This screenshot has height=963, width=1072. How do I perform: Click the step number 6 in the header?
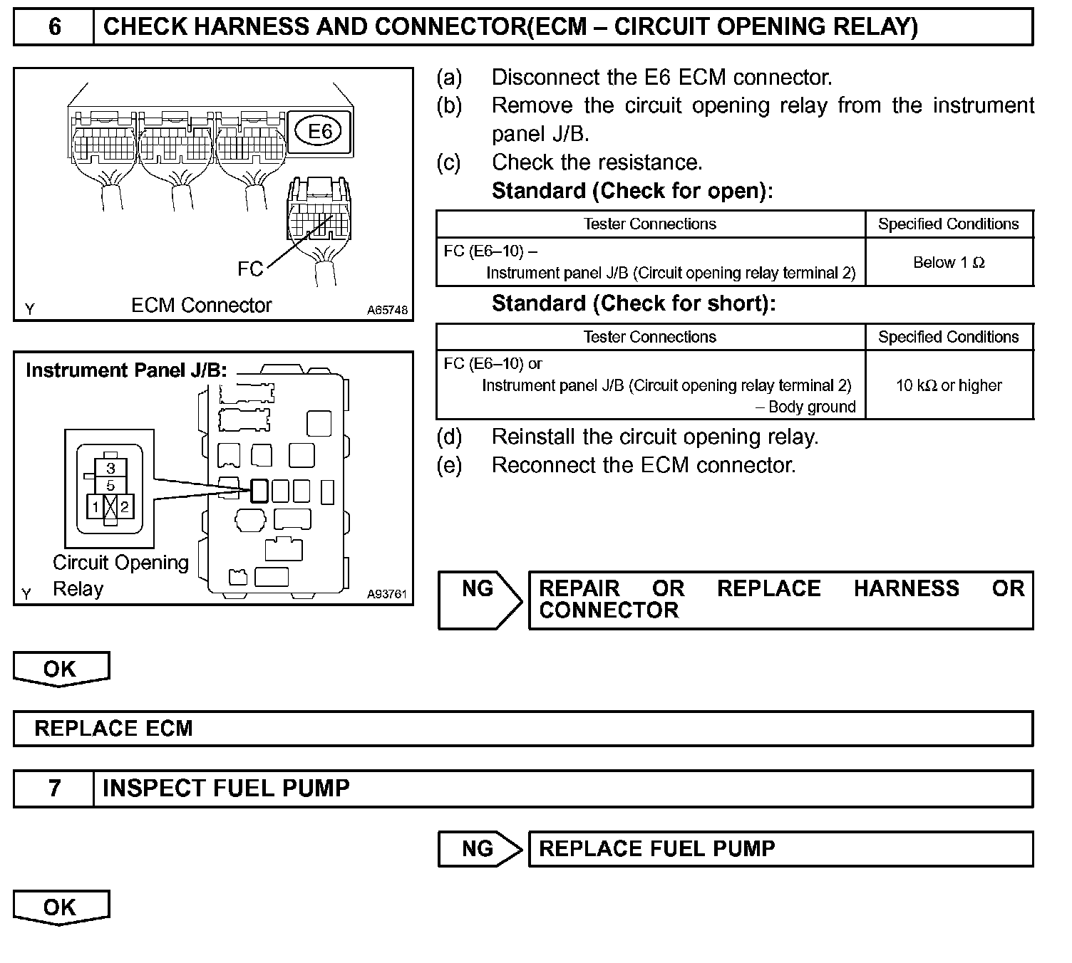click(x=54, y=27)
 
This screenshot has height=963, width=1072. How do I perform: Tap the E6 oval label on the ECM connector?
click(x=319, y=131)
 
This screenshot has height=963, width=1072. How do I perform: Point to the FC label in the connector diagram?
click(x=250, y=269)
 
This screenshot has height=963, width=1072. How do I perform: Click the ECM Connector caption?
click(x=201, y=306)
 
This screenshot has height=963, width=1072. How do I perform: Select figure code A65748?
click(x=388, y=310)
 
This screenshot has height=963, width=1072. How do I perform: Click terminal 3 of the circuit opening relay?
click(x=110, y=468)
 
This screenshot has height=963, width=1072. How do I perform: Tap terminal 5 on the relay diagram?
click(x=110, y=485)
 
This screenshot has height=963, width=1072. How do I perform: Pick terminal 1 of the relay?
click(x=96, y=507)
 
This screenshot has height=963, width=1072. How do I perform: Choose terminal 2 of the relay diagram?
click(x=125, y=507)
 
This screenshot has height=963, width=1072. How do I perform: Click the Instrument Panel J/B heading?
click(x=126, y=370)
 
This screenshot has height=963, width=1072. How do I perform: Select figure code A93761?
click(x=387, y=594)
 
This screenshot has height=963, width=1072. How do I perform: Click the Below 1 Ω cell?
click(x=949, y=262)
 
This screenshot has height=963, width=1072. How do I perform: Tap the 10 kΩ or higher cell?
click(x=949, y=385)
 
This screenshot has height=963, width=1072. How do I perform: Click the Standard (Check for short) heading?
click(x=633, y=303)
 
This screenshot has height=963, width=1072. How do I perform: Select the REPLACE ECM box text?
click(x=114, y=729)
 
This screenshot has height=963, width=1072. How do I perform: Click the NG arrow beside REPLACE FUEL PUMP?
click(x=479, y=849)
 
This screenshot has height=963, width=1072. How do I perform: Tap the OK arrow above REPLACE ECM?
click(x=61, y=670)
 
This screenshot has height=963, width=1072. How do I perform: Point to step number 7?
click(x=54, y=788)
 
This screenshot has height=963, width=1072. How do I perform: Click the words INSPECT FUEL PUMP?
click(x=226, y=788)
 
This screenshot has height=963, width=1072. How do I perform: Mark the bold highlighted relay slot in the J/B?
click(x=259, y=490)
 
